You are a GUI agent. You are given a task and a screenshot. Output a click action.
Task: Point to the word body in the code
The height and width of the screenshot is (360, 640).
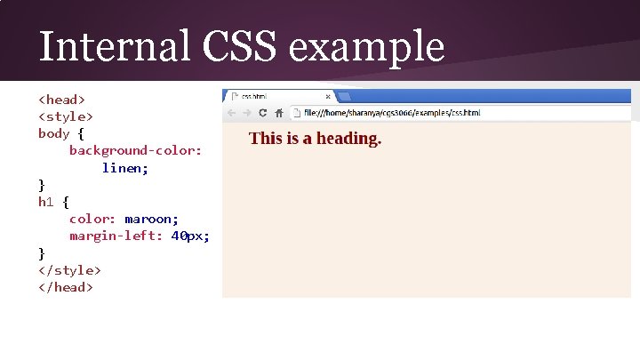pos(53,133)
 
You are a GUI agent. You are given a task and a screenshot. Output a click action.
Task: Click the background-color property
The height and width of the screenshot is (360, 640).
pos(135,150)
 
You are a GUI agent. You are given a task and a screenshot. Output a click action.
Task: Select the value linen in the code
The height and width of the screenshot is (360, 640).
pos(124,167)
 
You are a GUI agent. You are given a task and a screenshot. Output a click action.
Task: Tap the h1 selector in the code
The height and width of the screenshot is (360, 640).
pos(45,202)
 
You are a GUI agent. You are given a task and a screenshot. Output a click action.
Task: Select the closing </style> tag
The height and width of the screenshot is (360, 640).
pos(69,269)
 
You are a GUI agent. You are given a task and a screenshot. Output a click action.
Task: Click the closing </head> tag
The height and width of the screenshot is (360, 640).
pos(66,286)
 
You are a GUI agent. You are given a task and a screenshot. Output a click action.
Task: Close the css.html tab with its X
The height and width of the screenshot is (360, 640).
pos(328,97)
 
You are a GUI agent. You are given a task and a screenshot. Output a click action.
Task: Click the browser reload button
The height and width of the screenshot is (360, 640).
pos(262,113)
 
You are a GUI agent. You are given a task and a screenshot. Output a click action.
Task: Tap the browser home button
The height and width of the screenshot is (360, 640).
pos(278,113)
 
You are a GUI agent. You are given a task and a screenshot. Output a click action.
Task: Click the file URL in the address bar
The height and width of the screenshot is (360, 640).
pos(391,113)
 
